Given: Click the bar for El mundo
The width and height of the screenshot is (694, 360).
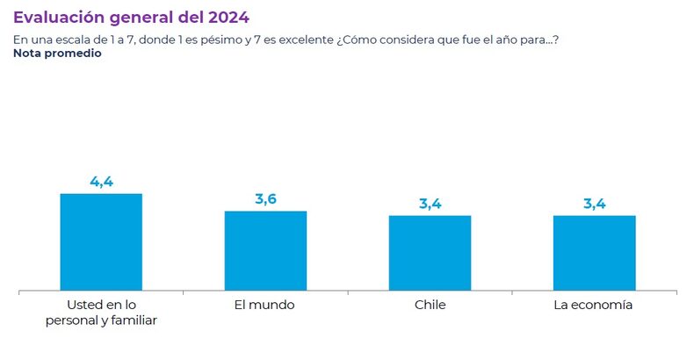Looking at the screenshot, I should coord(265,250).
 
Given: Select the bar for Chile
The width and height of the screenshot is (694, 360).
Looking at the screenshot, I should coord(430,253).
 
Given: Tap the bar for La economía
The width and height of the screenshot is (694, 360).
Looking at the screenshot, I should coord(594,253).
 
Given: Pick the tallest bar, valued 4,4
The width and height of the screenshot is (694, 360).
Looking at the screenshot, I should coord(101,241).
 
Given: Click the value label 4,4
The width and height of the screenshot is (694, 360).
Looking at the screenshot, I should coord(101,182).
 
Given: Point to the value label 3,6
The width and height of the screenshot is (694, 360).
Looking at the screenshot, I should coord(265,199).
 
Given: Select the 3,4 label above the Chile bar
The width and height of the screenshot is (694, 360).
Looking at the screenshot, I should coord(430,205).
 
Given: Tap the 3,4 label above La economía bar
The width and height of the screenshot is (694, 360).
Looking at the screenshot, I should coord(594,205).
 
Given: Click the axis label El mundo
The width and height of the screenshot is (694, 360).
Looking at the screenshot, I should coord(264,305).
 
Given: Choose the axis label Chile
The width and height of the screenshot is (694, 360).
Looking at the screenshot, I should coord(430,305).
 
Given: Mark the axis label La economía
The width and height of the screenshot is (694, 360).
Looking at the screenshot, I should coord(594,305).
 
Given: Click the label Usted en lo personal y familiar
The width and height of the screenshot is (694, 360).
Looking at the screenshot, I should coord(101,313).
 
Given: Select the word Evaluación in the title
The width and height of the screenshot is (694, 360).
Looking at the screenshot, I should coord(55,17).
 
